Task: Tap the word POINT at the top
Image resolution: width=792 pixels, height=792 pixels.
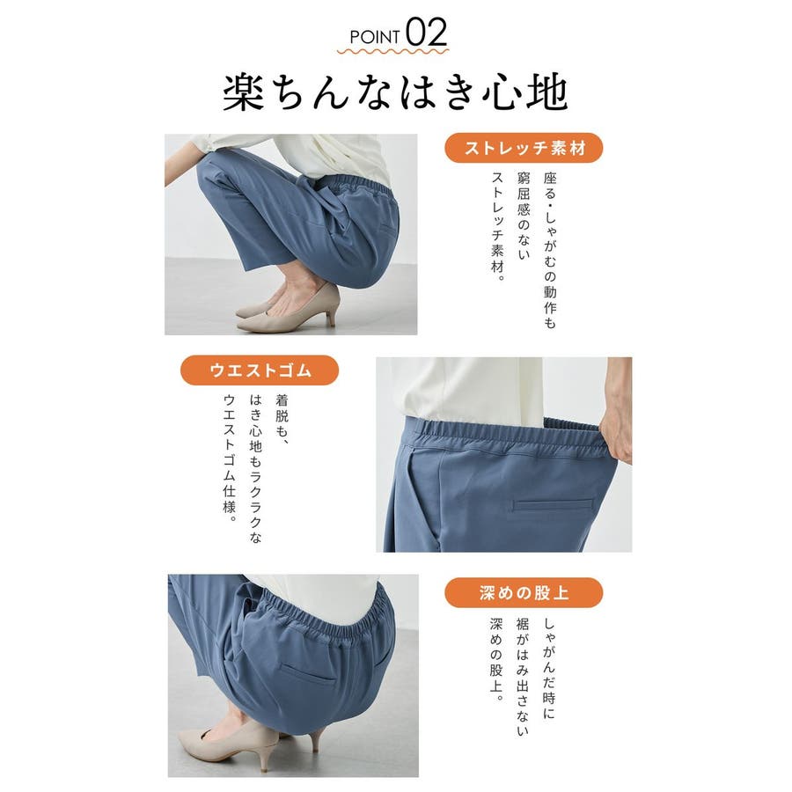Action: (x=374, y=37)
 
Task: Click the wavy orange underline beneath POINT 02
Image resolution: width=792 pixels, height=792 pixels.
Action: (x=392, y=51)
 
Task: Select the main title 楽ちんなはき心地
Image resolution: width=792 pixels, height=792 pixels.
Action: (x=395, y=93)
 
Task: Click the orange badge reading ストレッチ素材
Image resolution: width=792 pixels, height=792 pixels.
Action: (x=524, y=148)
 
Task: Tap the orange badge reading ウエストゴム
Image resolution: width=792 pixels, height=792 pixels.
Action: (x=260, y=370)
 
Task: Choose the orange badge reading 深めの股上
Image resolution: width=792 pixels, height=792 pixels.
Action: (x=524, y=592)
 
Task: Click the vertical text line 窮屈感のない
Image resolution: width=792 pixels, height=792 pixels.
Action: (x=524, y=216)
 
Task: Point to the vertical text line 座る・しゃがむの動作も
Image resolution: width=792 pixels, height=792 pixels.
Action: (x=549, y=251)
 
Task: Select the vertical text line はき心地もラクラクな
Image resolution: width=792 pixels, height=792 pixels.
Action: (x=255, y=469)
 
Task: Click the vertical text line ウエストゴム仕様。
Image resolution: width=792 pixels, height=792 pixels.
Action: (x=230, y=458)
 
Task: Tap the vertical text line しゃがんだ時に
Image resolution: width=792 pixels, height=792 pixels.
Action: (x=549, y=668)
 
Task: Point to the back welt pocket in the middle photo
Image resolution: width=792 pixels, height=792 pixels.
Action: (x=553, y=504)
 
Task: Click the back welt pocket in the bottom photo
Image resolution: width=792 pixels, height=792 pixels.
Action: (x=307, y=674)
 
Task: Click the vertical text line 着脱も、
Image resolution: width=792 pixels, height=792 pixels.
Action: (x=282, y=421)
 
